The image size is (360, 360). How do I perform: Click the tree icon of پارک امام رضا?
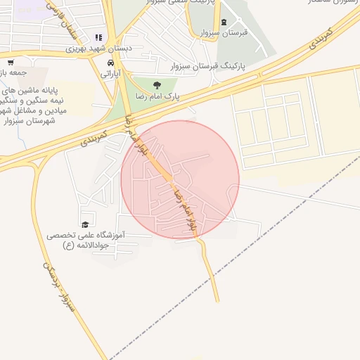coord(167,84)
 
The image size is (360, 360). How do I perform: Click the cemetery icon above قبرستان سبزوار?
coord(224,22)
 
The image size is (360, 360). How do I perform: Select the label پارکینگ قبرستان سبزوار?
coord(210,65)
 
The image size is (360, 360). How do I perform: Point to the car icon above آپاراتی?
coord(110,62)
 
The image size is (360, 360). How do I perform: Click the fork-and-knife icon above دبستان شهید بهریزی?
coord(98,38)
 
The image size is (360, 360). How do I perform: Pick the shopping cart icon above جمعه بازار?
coord(10,62)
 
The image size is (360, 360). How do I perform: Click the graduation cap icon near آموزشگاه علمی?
coord(85,224)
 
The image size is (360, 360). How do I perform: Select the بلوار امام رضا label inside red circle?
coord(181,204)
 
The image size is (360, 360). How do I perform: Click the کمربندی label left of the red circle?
coord(94,137)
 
